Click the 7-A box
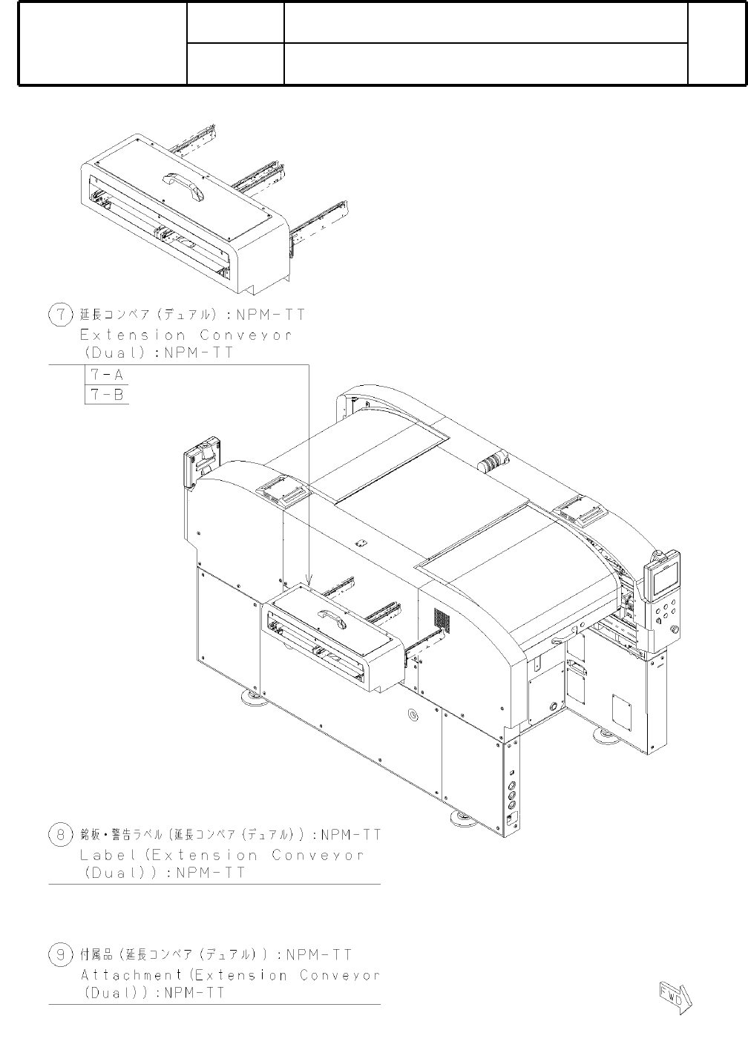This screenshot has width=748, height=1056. (107, 375)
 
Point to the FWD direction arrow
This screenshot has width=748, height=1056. (676, 997)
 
